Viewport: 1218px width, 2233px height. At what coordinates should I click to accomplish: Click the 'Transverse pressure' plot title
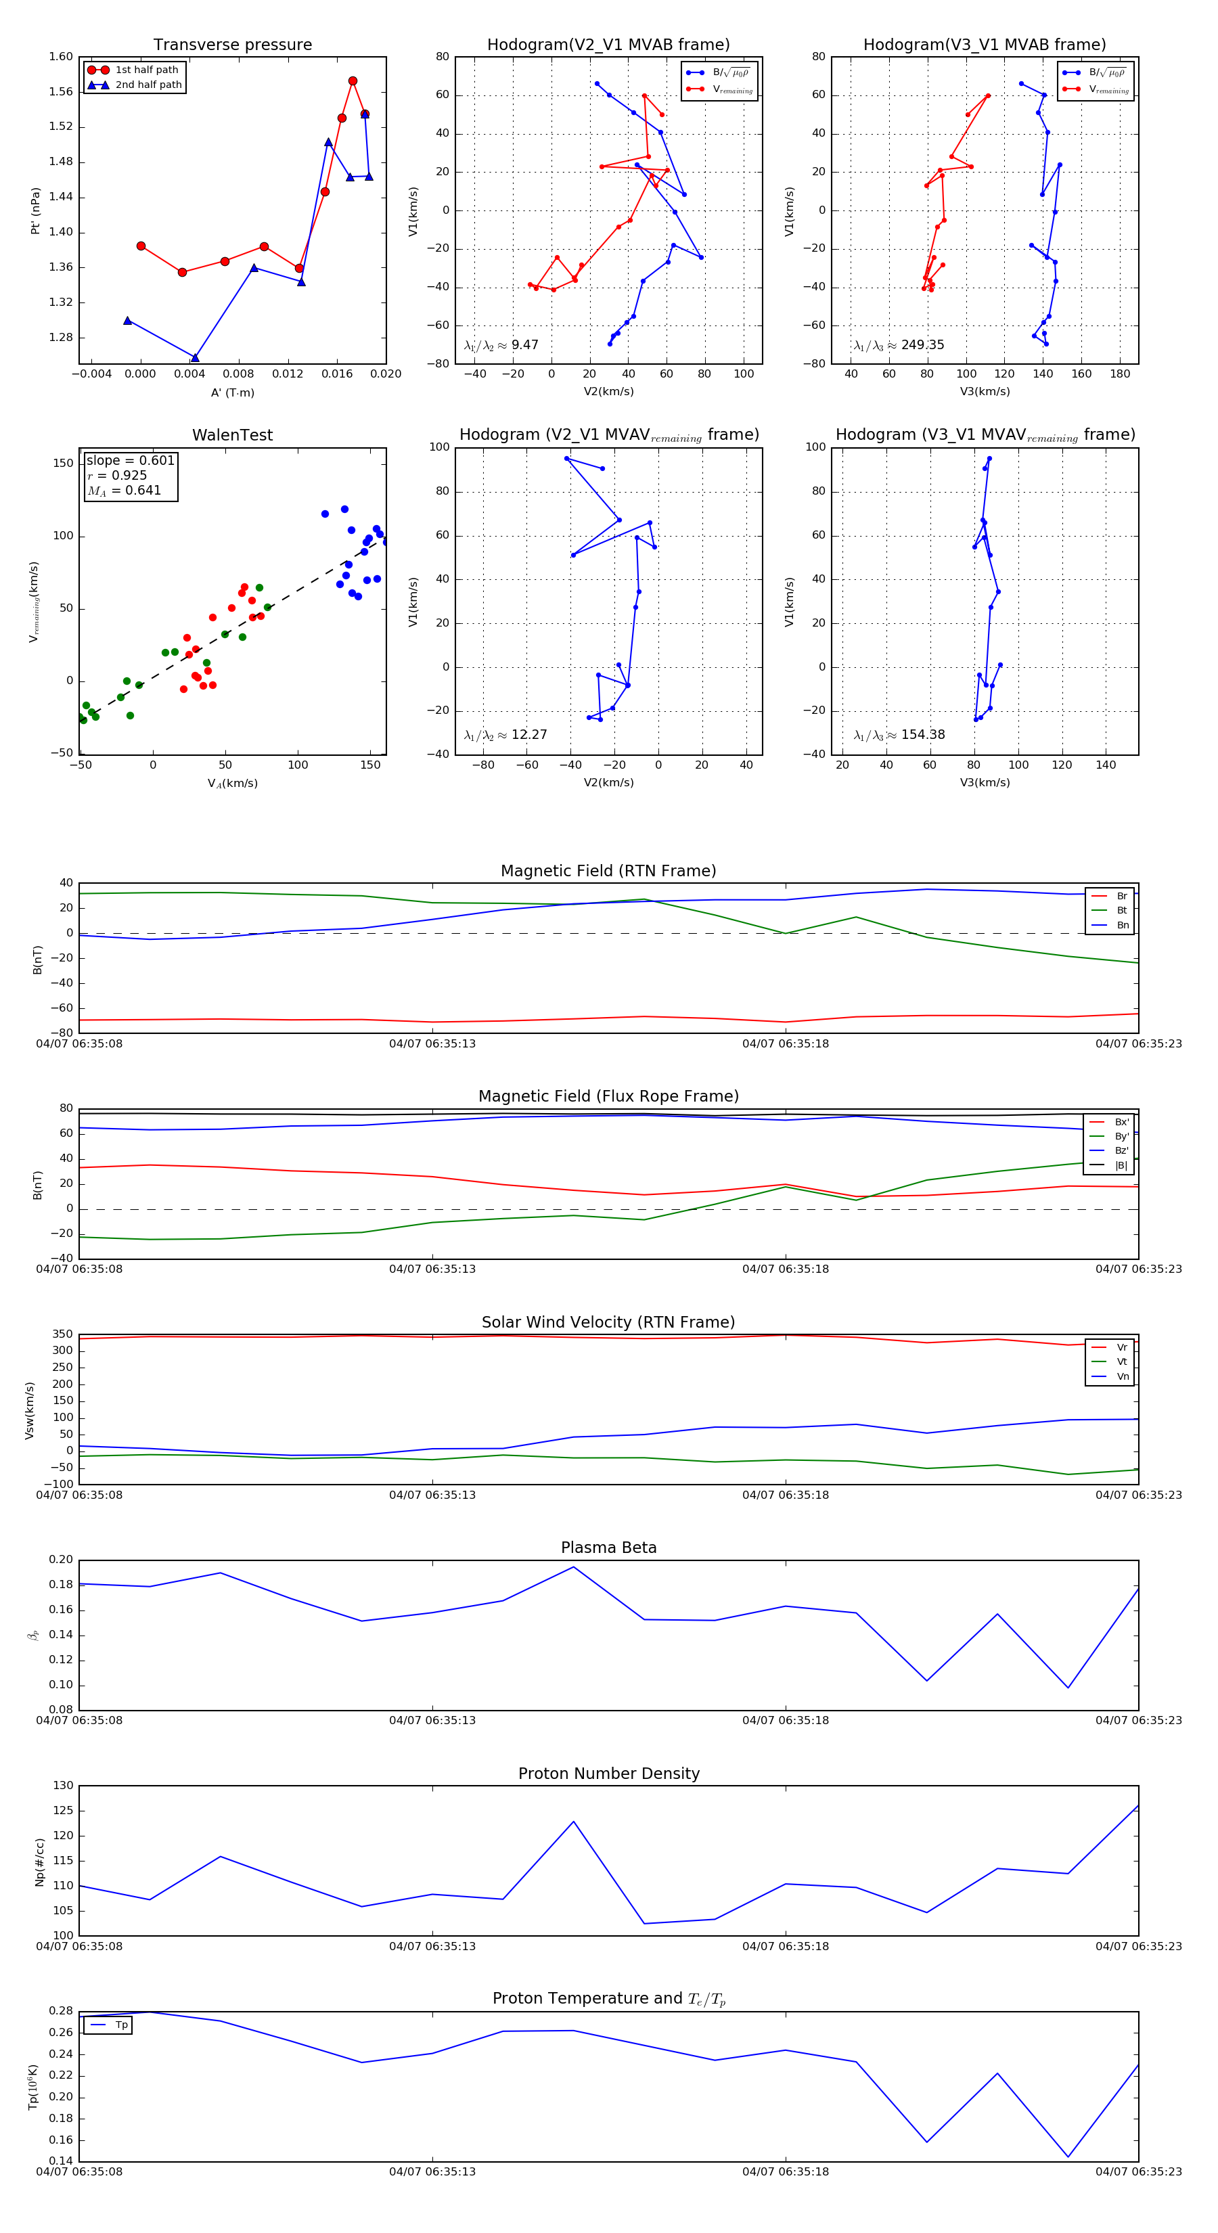click(x=232, y=45)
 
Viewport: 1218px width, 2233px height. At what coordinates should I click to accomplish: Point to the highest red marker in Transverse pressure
click(x=353, y=81)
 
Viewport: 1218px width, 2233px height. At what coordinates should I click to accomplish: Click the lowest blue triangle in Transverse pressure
click(x=195, y=358)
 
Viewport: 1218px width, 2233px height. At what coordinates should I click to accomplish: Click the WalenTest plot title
click(x=232, y=435)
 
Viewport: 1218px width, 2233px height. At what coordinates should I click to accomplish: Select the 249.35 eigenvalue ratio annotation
click(x=922, y=345)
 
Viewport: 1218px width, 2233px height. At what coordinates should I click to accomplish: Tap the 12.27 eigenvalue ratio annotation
click(x=528, y=735)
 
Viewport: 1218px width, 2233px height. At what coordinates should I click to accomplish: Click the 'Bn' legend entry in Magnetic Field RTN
click(x=1122, y=925)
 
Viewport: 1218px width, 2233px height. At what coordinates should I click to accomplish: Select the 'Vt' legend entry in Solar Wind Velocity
click(x=1122, y=1362)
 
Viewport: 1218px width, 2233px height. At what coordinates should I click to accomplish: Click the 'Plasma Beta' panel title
click(x=608, y=1548)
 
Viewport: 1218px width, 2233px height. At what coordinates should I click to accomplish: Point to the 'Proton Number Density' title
click(x=608, y=1774)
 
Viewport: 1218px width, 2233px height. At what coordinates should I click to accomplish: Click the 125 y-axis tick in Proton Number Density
click(x=64, y=1811)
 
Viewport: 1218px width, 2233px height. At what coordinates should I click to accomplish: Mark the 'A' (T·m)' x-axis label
click(x=232, y=392)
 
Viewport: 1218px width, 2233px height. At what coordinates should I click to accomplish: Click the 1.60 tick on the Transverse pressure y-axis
click(x=61, y=58)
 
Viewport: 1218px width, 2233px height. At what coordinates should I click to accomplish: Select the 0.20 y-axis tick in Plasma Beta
click(x=61, y=1560)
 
